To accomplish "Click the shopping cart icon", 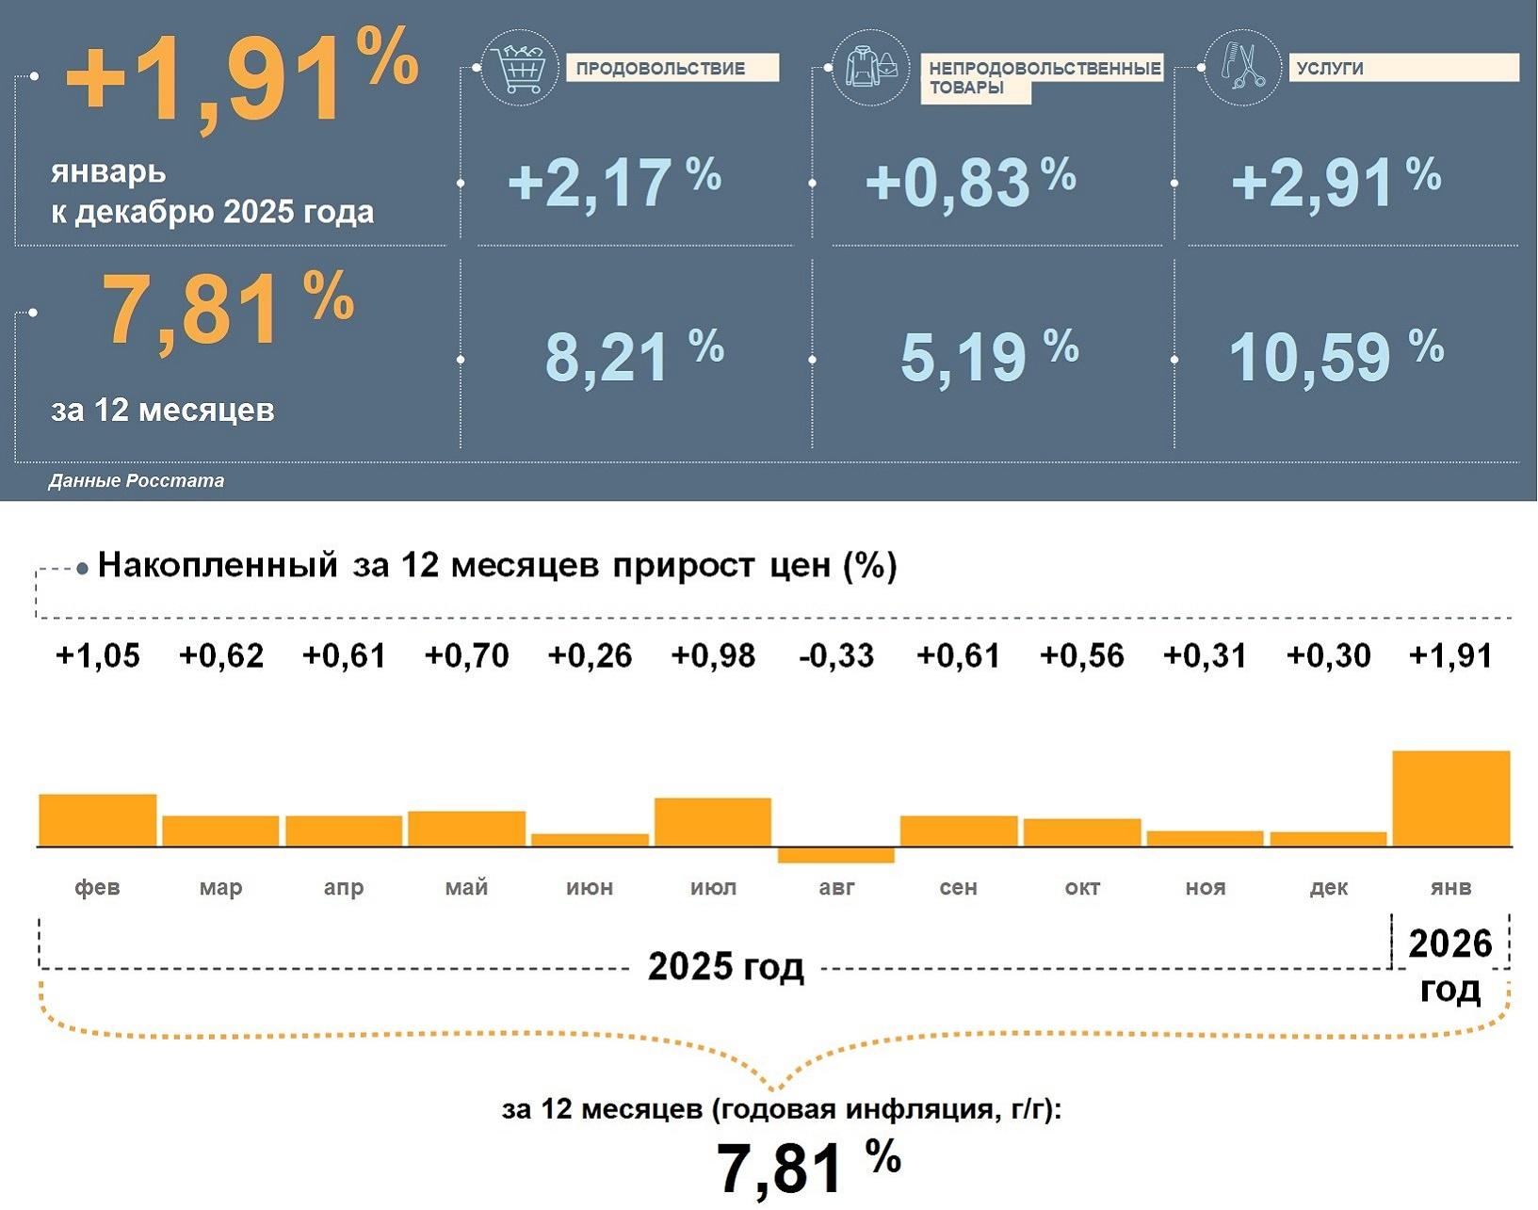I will (519, 67).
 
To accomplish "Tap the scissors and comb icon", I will (1243, 67).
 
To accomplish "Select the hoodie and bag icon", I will (871, 67).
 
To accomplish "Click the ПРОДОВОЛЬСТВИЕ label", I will (672, 68).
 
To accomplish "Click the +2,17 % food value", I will (614, 182).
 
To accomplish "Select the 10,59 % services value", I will (1336, 356).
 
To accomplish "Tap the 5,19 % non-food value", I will (988, 356).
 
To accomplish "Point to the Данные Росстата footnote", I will (137, 481).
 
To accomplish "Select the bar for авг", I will (835, 855).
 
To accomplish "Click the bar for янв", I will (1450, 799).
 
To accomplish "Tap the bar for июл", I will (713, 822).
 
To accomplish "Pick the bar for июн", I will (590, 840).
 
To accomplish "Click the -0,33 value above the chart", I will (835, 655).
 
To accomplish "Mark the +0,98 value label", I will (713, 655).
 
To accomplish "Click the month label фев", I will (97, 887).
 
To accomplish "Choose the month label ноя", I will (1206, 887).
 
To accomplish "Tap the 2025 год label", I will (725, 967).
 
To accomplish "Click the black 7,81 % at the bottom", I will (808, 1166).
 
